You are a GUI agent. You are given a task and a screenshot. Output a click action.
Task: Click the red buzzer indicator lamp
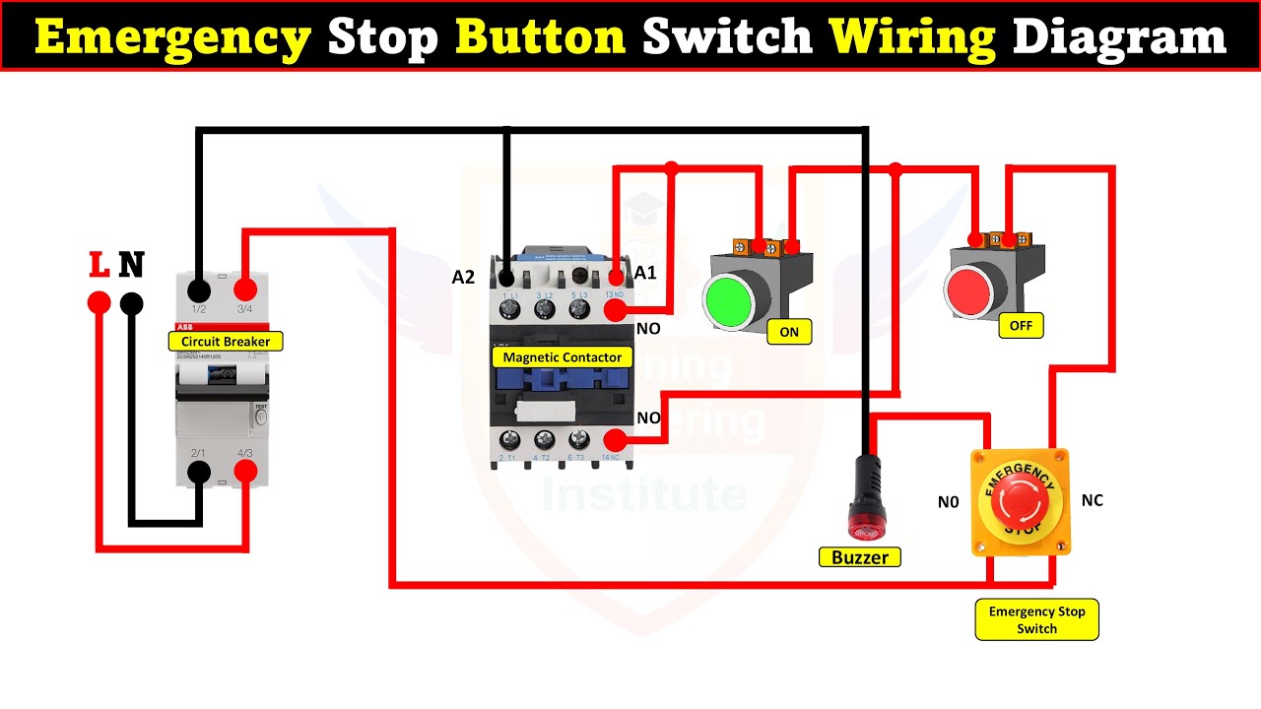866,516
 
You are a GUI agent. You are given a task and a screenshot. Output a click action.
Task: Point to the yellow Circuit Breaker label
226,342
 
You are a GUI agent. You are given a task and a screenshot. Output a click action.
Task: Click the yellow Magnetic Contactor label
563,356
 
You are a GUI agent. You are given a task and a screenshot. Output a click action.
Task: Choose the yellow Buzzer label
859,557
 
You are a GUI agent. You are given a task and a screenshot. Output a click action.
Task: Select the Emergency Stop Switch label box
1036,619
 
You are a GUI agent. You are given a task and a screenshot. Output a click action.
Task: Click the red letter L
99,265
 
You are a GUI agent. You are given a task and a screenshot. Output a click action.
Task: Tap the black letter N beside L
131,265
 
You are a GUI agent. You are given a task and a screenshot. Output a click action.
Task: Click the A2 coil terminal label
463,278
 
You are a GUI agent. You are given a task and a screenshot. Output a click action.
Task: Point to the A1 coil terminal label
645,273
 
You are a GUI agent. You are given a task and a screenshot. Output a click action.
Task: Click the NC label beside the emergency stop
1092,500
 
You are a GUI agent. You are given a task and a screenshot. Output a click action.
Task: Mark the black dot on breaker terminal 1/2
199,290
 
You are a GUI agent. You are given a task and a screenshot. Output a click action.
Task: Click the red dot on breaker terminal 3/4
245,290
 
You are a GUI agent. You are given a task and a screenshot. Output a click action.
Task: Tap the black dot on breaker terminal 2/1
199,473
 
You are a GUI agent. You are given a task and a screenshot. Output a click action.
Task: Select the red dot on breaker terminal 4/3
245,473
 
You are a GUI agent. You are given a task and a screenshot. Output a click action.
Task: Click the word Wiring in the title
912,37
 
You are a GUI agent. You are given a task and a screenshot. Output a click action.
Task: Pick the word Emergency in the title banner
173,37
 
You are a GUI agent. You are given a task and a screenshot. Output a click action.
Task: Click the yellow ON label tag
789,332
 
